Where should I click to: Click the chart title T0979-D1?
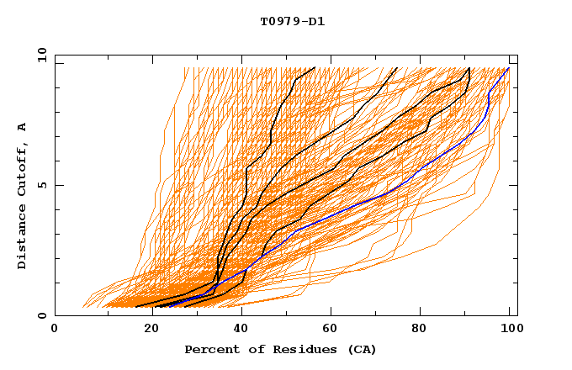pyautogui.click(x=292, y=21)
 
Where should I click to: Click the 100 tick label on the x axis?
pyautogui.click(x=510, y=330)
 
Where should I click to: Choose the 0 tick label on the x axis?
pyautogui.click(x=55, y=330)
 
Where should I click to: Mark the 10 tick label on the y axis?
pyautogui.click(x=40, y=55)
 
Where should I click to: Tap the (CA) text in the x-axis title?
pyautogui.click(x=360, y=349)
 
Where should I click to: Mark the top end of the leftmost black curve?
pyautogui.click(x=315, y=67)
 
